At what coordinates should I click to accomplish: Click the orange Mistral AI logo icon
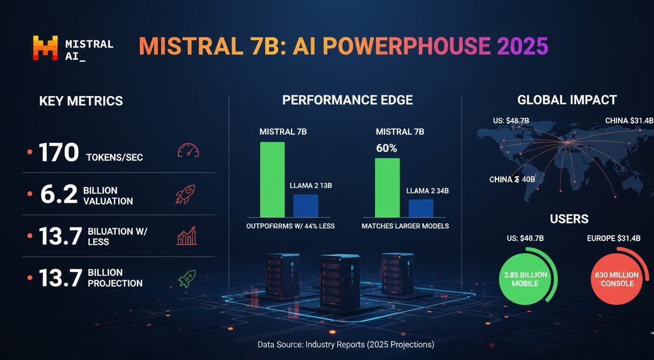pos(45,48)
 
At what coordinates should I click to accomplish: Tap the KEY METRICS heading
pos(81,101)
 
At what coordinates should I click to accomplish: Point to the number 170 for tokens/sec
pos(59,153)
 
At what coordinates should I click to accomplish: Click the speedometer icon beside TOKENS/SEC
pos(188,150)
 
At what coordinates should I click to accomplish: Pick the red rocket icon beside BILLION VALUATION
pos(185,194)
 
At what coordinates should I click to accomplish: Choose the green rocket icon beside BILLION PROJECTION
pos(187,279)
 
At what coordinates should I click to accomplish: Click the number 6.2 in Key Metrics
pos(59,195)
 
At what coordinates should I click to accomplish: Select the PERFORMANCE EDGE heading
pos(347,100)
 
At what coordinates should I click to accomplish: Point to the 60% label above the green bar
pos(386,148)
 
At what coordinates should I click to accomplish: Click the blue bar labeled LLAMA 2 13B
pos(306,206)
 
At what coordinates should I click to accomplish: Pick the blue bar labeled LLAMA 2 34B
pos(421,208)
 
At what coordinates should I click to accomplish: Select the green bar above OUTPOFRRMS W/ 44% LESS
pos(272,180)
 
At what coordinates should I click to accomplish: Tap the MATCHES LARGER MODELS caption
pos(405,226)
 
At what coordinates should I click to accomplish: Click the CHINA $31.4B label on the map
pos(629,120)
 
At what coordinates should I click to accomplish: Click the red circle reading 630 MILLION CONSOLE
pos(617,279)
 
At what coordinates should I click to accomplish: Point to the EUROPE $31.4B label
pos(614,239)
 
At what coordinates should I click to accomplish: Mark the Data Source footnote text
pos(346,345)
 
